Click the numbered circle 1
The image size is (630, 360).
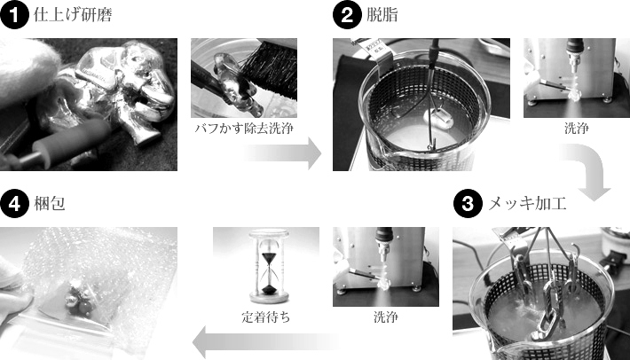click(x=14, y=15)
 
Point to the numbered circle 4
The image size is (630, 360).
click(x=14, y=204)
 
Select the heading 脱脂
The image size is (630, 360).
click(x=379, y=15)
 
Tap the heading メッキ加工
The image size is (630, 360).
click(x=527, y=204)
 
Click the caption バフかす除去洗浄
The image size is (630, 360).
click(x=244, y=128)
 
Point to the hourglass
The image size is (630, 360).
click(x=266, y=265)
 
